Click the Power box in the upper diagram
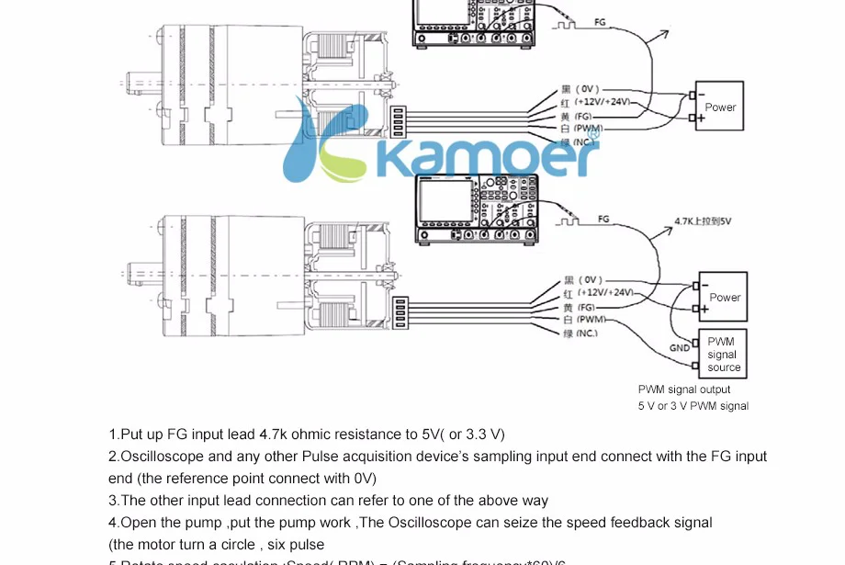(720, 107)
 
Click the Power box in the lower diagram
(724, 297)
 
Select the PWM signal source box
(724, 355)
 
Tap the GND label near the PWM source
(680, 348)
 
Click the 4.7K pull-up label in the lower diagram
(703, 221)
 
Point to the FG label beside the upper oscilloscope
(600, 21)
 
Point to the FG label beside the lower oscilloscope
(603, 219)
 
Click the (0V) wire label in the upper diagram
(591, 90)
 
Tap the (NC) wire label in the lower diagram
(587, 333)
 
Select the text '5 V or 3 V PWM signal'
(693, 406)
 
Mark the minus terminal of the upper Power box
(691, 95)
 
